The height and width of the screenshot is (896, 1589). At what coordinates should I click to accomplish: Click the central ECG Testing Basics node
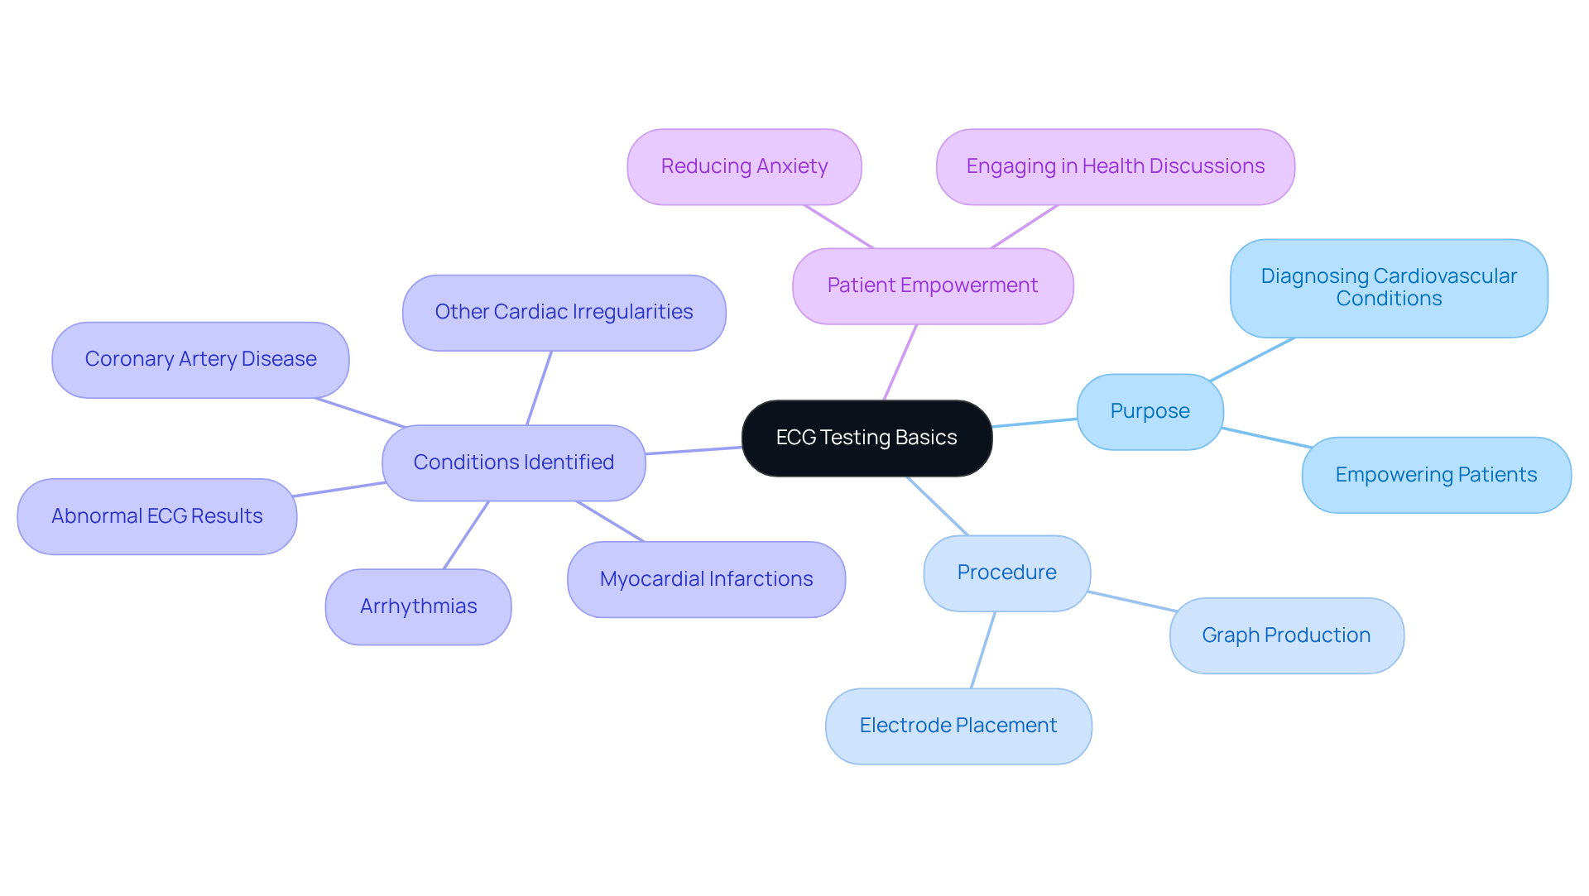pyautogui.click(x=867, y=438)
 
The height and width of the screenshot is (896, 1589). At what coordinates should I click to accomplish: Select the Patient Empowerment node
pyautogui.click(x=933, y=285)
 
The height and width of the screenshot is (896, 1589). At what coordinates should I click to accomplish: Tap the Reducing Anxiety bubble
pyautogui.click(x=744, y=166)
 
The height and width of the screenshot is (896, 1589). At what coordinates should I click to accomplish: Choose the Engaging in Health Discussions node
pyautogui.click(x=1115, y=166)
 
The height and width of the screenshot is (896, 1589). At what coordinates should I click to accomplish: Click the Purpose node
pyautogui.click(x=1150, y=411)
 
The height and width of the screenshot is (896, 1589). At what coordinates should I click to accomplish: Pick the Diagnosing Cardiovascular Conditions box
pyautogui.click(x=1389, y=288)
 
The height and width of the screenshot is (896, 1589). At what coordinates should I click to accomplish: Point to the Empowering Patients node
pyautogui.click(x=1436, y=475)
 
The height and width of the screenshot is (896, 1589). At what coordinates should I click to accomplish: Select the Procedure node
pyautogui.click(x=1006, y=573)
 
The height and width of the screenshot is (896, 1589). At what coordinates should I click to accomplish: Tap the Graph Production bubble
pyautogui.click(x=1286, y=635)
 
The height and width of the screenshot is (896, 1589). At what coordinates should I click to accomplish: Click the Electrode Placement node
pyautogui.click(x=958, y=726)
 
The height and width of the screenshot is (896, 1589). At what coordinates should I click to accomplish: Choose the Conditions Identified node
pyautogui.click(x=513, y=462)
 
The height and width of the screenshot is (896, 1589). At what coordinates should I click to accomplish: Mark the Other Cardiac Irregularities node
pyautogui.click(x=564, y=312)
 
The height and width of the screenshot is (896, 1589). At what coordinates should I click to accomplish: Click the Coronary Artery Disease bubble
pyautogui.click(x=200, y=359)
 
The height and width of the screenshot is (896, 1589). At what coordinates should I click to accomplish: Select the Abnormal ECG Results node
pyautogui.click(x=156, y=516)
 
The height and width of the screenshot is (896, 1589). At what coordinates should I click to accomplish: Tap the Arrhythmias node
pyautogui.click(x=418, y=606)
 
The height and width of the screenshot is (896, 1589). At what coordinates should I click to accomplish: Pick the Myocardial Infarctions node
pyautogui.click(x=706, y=579)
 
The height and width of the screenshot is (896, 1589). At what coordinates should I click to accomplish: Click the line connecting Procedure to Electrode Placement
pyautogui.click(x=983, y=649)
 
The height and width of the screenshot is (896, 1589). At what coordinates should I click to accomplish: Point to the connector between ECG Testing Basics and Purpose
pyautogui.click(x=1035, y=423)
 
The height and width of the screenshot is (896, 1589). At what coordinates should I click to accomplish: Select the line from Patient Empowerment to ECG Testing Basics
pyautogui.click(x=900, y=362)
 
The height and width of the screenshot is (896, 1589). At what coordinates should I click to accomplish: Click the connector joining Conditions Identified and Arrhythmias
pyautogui.click(x=467, y=534)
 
